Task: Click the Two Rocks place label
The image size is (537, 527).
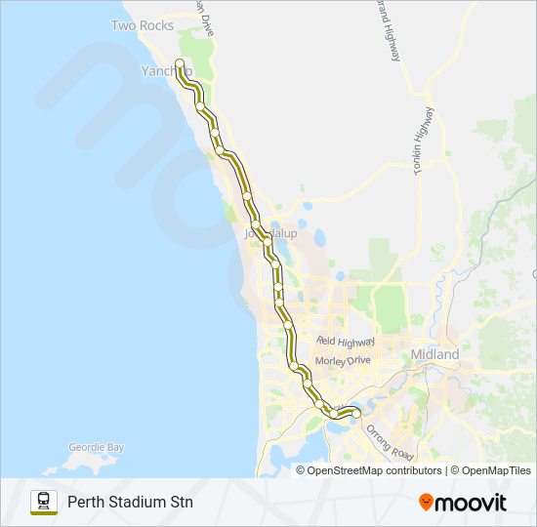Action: coord(142,25)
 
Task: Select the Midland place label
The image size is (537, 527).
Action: coord(434,354)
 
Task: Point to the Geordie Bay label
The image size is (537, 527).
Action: coord(96,448)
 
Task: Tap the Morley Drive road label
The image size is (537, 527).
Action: coord(344,360)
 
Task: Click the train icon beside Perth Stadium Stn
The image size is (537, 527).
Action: coord(43,502)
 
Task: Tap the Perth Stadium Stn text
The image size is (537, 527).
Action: coord(130,503)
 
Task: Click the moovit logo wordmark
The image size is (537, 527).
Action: coord(471,503)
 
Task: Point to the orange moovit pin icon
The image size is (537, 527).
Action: coord(426,502)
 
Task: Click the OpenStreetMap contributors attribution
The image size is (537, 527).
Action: coord(374,470)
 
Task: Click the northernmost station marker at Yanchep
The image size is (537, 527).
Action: coord(180,64)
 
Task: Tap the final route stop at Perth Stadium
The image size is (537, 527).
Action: coord(355,414)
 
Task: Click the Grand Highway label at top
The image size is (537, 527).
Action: coord(388,29)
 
